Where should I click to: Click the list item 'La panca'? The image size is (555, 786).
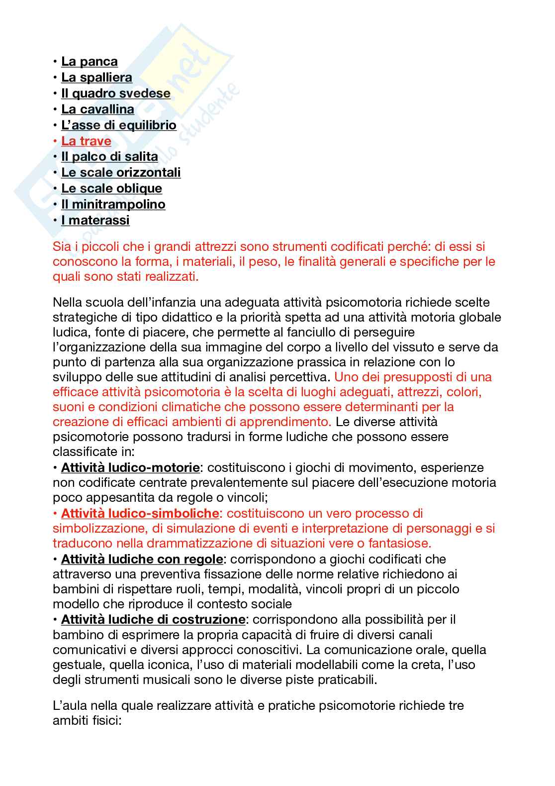click(x=89, y=62)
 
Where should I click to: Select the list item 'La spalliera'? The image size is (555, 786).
click(x=96, y=78)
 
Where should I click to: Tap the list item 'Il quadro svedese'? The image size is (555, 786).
click(x=115, y=94)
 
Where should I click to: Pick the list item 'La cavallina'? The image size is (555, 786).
click(x=97, y=110)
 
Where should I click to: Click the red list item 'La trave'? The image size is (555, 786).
click(x=86, y=141)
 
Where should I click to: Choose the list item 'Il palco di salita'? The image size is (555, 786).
click(x=109, y=157)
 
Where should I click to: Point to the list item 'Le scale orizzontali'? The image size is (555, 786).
click(x=121, y=173)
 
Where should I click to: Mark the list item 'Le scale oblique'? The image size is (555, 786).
click(x=111, y=189)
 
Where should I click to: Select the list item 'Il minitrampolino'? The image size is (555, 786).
click(x=113, y=205)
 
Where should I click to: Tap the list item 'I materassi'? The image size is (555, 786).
click(x=95, y=221)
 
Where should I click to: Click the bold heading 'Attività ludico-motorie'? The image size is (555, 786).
click(x=130, y=468)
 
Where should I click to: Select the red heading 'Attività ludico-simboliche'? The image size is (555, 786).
click(x=140, y=513)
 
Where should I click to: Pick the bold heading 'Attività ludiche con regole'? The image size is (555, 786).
click(x=142, y=559)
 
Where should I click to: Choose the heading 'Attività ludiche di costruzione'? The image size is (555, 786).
click(x=153, y=620)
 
